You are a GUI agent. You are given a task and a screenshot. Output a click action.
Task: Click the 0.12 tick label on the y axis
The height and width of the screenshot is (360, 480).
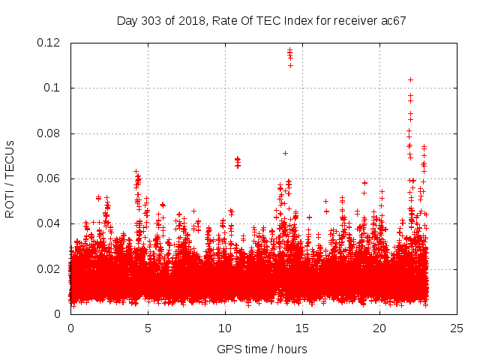49,43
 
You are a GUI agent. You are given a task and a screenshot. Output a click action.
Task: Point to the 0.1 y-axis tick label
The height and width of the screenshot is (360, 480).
52,88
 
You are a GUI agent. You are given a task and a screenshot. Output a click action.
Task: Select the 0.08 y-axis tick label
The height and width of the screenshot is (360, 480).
49,133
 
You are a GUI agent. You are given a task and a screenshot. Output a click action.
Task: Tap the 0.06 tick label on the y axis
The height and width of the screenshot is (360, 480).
49,178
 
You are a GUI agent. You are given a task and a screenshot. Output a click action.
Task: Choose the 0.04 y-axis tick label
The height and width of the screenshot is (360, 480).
49,223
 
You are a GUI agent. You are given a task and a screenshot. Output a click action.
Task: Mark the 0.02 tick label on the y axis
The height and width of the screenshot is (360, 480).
49,269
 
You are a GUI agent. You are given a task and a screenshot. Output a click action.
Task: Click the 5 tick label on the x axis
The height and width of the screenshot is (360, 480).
148,328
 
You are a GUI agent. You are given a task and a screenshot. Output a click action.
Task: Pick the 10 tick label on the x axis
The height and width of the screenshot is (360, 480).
225,328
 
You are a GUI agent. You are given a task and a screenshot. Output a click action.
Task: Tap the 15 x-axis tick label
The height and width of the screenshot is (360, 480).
302,328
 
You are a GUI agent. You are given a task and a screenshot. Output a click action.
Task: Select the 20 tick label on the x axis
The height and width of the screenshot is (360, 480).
379,328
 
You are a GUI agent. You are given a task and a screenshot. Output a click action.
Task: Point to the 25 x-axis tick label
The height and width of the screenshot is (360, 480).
457,328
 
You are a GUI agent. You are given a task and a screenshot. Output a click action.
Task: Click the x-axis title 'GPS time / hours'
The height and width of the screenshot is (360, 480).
262,349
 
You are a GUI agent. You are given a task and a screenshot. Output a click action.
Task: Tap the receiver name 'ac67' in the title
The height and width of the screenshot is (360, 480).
393,21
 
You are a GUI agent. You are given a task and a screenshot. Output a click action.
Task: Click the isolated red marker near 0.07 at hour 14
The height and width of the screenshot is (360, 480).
285,153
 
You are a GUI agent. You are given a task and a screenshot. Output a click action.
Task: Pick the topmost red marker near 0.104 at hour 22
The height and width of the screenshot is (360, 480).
410,79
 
